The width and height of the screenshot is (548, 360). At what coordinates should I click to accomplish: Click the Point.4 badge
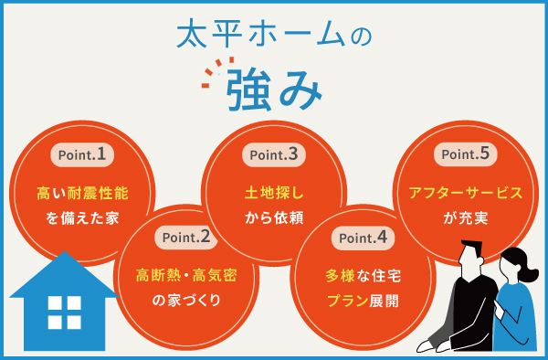coord(361,238)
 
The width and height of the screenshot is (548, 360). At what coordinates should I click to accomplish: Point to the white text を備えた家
coord(81,218)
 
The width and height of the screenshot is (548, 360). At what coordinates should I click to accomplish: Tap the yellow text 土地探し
coord(273,194)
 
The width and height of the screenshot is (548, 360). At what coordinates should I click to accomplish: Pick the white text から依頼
coord(273,218)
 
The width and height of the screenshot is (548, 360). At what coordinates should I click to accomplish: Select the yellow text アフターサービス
coord(466,194)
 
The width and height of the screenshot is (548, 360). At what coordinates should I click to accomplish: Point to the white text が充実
coord(466,218)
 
